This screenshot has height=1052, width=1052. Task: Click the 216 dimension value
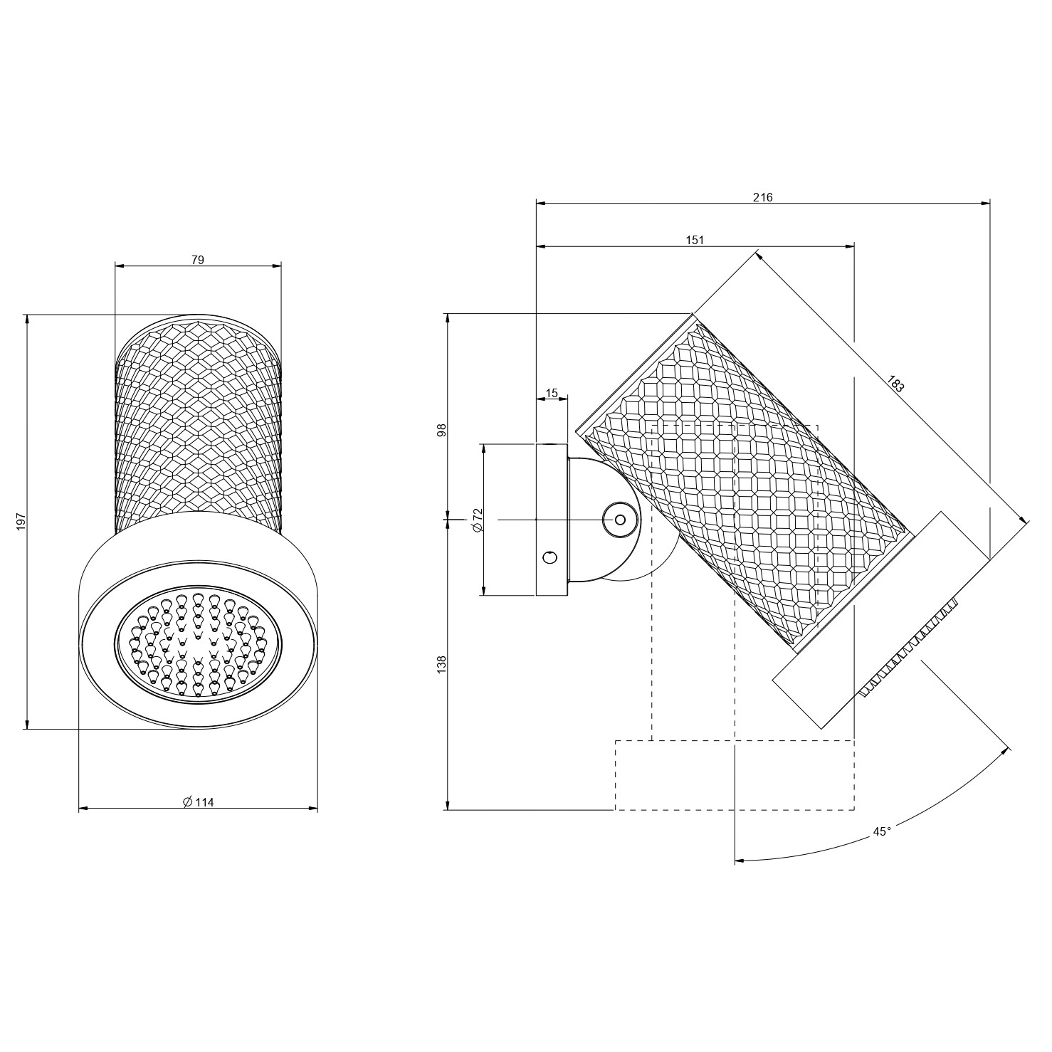762,197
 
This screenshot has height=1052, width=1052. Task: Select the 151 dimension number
695,241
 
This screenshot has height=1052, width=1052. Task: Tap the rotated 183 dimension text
896,384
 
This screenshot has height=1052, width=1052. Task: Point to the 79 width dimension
198,260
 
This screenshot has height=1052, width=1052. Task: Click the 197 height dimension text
21,521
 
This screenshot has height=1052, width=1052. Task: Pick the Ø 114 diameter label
198,802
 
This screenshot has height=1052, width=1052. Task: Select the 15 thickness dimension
552,393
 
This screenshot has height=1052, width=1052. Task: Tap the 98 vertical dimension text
441,430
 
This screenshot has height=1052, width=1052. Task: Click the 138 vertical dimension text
441,665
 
